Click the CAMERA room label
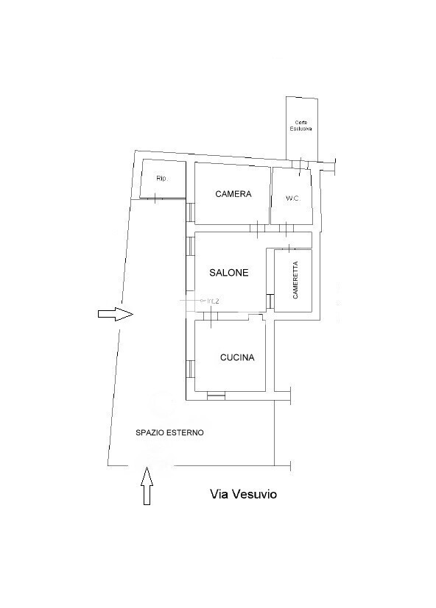233,194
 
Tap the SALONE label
228,273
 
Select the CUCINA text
237,357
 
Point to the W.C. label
293,199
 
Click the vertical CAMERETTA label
295,280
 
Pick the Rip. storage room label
162,179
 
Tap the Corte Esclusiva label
300,126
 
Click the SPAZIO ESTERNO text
169,433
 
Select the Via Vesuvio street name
243,494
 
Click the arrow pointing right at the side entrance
116,314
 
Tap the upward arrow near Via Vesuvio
147,486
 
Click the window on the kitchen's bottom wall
216,396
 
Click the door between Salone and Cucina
211,316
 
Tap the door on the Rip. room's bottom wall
155,199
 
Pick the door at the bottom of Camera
257,229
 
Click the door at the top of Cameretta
289,248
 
